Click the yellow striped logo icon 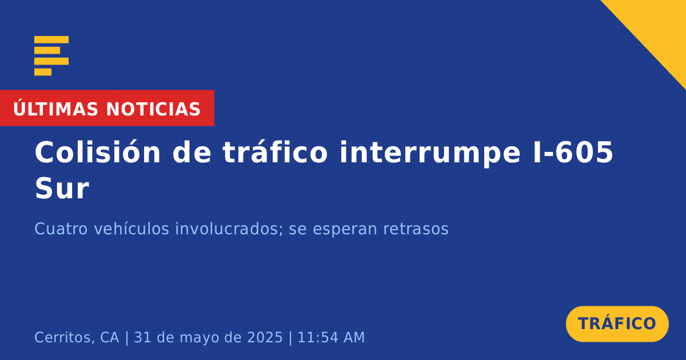tap(51, 56)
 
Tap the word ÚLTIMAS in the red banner tap(56, 109)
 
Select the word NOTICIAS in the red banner tap(153, 109)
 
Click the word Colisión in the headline tap(98, 152)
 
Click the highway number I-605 tap(573, 152)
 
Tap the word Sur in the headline tap(62, 188)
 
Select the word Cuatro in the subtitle tap(61, 229)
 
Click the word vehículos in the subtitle tap(131, 229)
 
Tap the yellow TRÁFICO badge tap(617, 323)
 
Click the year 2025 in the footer tap(265, 337)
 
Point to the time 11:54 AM tap(331, 337)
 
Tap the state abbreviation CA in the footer tap(110, 337)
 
